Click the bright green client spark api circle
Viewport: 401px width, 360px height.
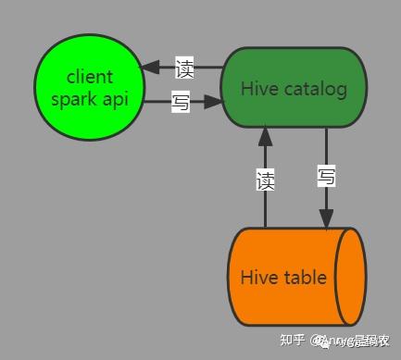[89, 88]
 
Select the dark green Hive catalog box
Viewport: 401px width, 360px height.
[293, 89]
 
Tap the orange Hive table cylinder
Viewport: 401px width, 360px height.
[282, 277]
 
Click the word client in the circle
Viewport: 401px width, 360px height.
[89, 77]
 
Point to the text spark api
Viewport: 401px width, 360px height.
[89, 99]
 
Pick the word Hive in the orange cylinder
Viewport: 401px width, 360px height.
[257, 278]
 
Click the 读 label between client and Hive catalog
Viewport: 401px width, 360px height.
[184, 68]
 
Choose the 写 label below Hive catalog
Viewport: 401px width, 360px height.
[326, 177]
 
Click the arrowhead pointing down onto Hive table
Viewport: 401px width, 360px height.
[326, 218]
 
